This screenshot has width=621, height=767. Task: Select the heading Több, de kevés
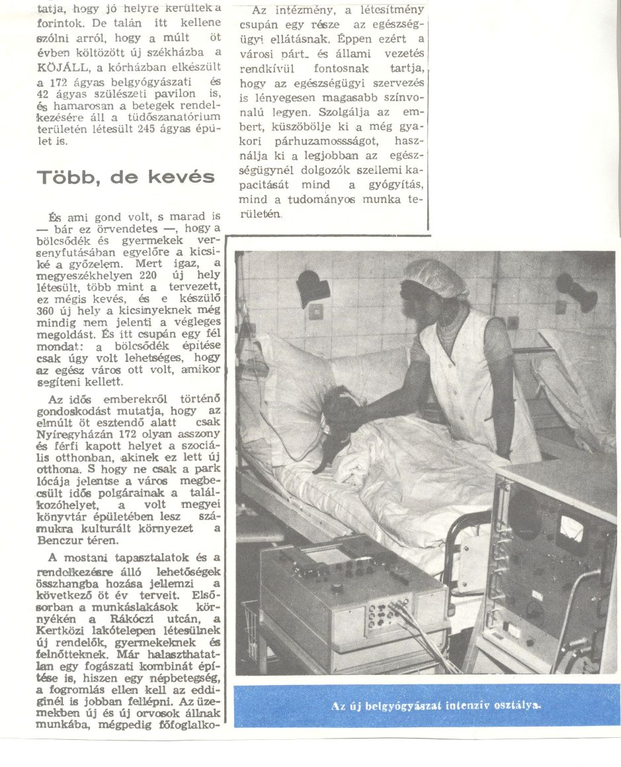point(125,177)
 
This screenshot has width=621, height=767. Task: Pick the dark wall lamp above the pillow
point(313,288)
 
